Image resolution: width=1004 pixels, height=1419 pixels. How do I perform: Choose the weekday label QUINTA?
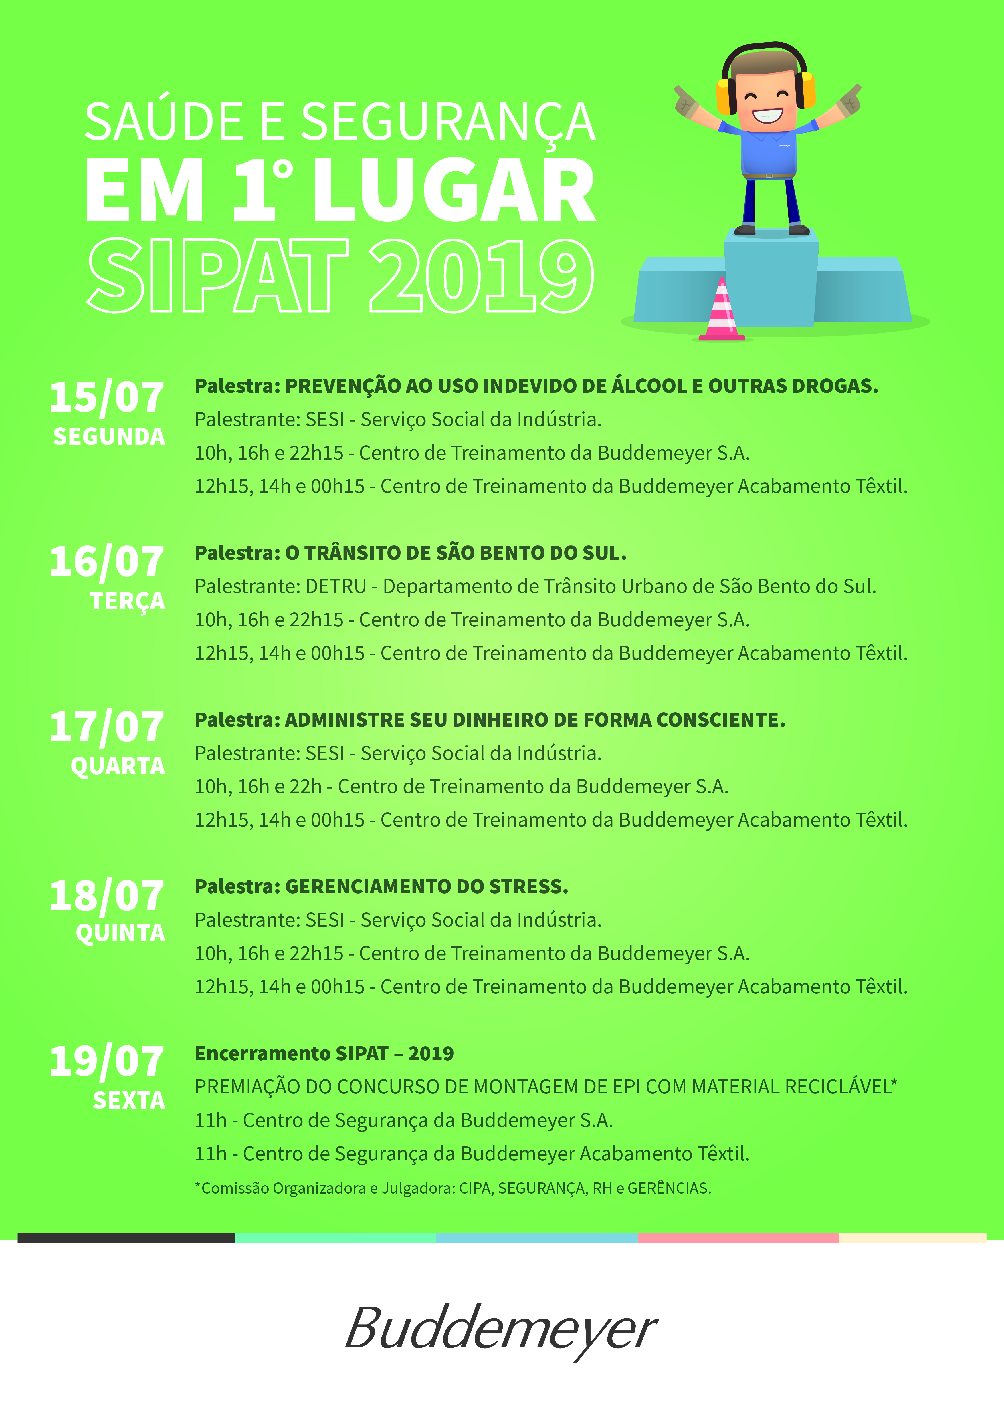point(120,933)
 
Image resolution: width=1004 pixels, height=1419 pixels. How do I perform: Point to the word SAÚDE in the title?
point(164,122)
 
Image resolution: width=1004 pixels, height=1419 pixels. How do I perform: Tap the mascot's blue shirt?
point(769,151)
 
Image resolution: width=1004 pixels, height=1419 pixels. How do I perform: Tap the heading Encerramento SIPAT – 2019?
point(324,1054)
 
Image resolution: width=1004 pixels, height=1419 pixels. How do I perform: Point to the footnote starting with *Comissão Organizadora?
point(453,1188)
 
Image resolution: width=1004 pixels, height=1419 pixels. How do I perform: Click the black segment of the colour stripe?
point(126,1237)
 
